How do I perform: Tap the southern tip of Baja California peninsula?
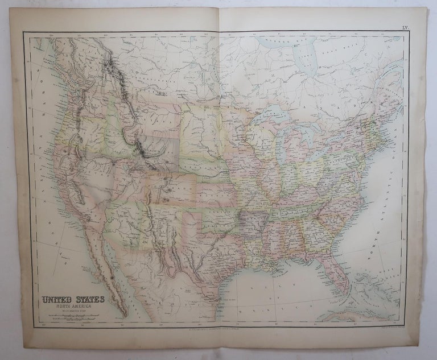tap(125, 315)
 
